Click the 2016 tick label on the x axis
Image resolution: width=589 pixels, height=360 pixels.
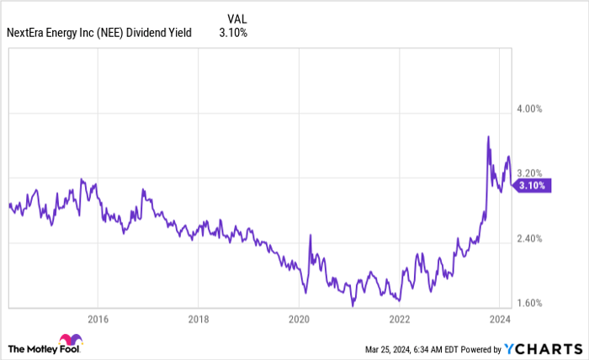click(x=98, y=320)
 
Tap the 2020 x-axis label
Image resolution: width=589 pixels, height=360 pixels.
click(x=300, y=320)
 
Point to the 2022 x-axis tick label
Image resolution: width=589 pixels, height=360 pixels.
click(x=399, y=320)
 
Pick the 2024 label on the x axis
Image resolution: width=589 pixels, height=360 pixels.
click(x=499, y=320)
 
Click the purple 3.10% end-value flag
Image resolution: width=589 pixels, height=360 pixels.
click(x=533, y=186)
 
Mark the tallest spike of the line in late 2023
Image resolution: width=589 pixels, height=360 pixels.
click(x=489, y=136)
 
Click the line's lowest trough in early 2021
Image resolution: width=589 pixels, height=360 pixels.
click(x=353, y=306)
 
